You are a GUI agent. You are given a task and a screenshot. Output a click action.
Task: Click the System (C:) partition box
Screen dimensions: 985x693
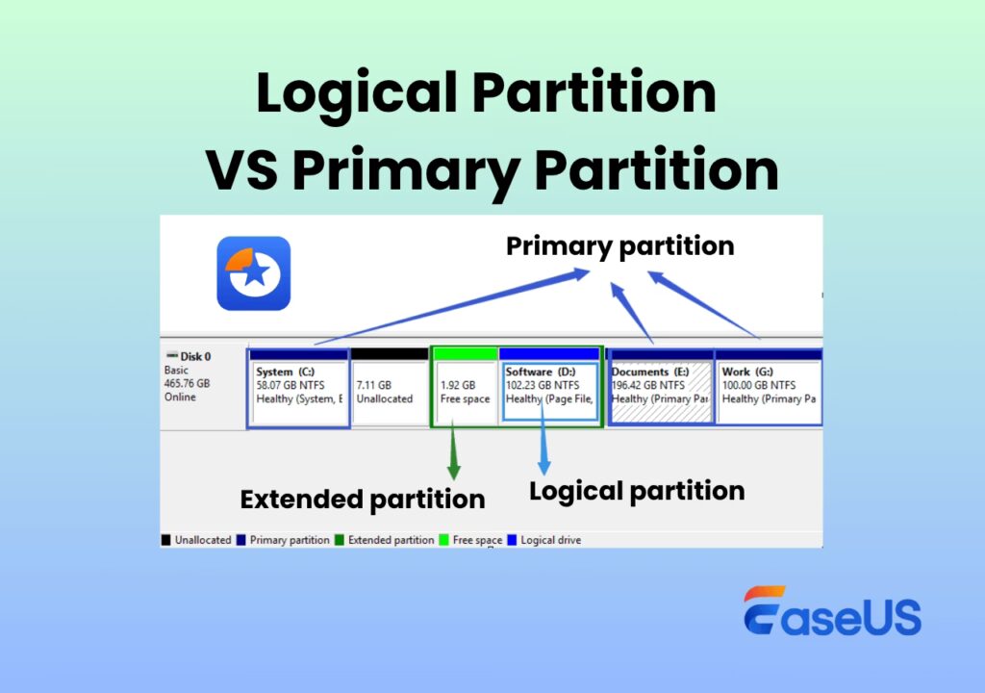(298, 388)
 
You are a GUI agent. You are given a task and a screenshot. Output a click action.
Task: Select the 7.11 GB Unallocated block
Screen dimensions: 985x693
(390, 388)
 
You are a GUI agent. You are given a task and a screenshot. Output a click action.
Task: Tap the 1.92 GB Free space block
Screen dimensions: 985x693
(466, 388)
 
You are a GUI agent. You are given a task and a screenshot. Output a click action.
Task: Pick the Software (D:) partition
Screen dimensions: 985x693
(550, 388)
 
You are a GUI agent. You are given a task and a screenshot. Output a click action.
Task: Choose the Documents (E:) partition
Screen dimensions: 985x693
(661, 388)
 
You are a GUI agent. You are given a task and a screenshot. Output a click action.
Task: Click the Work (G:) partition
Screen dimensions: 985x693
(769, 388)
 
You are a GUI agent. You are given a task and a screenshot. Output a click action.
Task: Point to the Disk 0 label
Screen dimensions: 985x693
(189, 356)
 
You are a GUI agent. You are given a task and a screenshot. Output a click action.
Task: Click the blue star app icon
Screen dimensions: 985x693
(254, 273)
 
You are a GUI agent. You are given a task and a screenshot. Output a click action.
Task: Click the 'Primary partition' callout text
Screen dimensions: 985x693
(620, 246)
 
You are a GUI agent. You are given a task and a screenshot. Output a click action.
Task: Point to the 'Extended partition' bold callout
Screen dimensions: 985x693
(363, 500)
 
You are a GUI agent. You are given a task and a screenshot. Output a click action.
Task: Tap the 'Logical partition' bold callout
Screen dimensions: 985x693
(637, 492)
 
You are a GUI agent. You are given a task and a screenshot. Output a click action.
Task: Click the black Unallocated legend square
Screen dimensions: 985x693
(165, 540)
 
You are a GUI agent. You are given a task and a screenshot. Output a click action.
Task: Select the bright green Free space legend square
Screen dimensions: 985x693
(443, 540)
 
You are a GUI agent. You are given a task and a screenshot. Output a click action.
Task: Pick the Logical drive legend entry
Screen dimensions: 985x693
(544, 540)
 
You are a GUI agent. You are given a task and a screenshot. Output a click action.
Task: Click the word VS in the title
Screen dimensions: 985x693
(241, 169)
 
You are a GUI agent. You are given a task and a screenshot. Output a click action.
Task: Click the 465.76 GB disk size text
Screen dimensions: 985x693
(188, 383)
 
